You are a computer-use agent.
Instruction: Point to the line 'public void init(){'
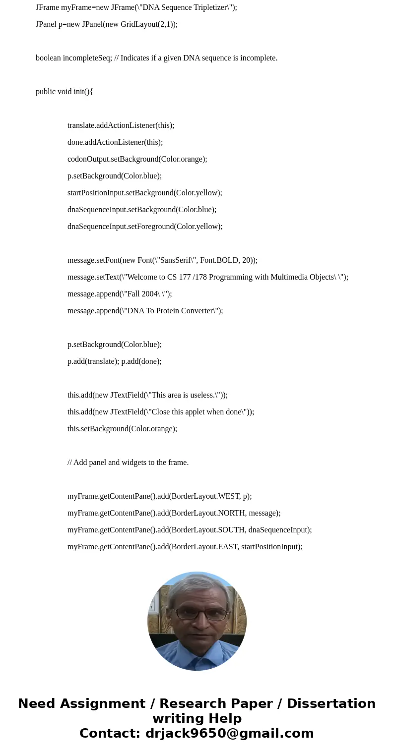click(x=65, y=92)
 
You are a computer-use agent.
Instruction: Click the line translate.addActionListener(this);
click(x=121, y=125)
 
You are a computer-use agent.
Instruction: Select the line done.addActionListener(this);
click(x=115, y=142)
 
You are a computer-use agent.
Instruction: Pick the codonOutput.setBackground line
click(x=137, y=159)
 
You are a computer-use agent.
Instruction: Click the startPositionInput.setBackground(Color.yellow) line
click(x=144, y=193)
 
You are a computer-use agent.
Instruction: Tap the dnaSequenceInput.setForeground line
click(x=145, y=227)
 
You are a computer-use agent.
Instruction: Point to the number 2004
click(x=149, y=294)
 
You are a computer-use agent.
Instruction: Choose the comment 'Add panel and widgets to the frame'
click(x=131, y=463)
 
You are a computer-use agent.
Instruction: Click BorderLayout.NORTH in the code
click(x=208, y=513)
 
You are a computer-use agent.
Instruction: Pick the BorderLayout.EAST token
click(x=205, y=547)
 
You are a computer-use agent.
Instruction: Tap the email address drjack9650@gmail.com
click(x=229, y=733)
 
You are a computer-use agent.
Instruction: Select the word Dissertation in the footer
click(x=331, y=703)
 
